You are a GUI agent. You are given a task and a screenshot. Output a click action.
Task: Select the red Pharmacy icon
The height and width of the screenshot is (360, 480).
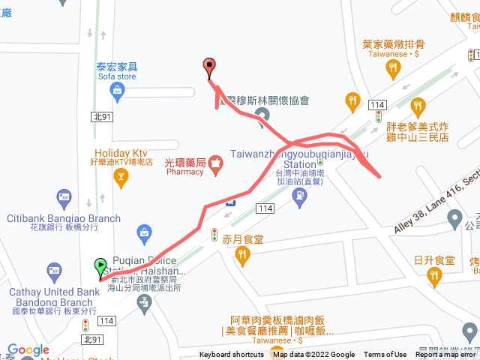tap(215, 162)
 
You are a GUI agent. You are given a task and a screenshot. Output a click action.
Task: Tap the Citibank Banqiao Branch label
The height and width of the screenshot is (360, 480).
tap(64, 219)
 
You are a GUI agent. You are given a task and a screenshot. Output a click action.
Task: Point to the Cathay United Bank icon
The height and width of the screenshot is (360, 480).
tap(54, 269)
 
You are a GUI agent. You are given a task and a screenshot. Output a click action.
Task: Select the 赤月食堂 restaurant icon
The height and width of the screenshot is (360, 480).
tap(241, 256)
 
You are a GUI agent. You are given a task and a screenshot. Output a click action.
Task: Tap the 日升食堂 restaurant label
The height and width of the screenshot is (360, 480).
tap(434, 261)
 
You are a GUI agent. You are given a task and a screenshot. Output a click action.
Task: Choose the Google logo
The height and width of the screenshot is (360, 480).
tap(28, 349)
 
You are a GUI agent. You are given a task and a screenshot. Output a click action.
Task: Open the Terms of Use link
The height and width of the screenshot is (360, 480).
tap(385, 355)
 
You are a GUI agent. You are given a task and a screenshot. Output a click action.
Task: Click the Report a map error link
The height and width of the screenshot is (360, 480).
tap(447, 355)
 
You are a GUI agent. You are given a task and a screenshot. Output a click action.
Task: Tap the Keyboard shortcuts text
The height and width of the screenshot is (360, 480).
tap(231, 355)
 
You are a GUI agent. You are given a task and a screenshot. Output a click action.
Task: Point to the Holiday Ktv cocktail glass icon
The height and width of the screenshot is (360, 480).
tap(119, 176)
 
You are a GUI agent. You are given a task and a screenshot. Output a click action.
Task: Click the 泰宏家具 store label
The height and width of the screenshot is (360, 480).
tap(116, 66)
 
